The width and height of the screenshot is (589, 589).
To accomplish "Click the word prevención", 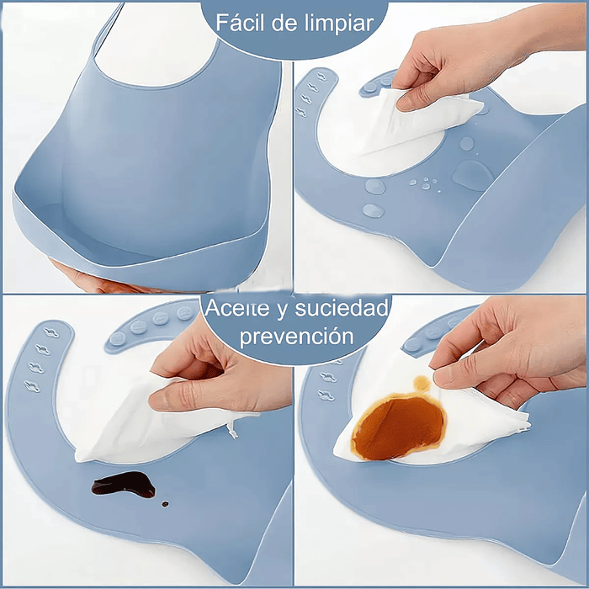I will click(x=294, y=337).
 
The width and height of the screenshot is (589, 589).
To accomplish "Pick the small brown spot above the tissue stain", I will click(x=422, y=384).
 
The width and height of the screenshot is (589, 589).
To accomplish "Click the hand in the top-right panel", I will click(x=471, y=63).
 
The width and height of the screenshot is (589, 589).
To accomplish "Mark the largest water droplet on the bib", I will click(x=473, y=175).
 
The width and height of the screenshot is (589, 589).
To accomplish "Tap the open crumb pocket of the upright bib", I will click(x=143, y=240).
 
